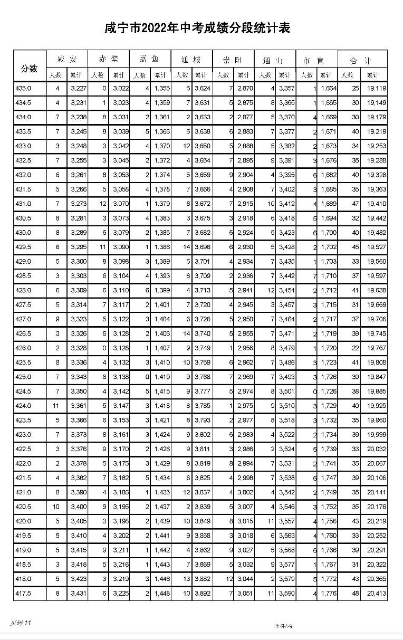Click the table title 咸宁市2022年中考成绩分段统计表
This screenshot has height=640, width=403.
[201, 27]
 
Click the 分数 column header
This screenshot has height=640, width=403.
[29, 68]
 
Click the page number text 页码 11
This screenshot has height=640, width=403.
[21, 623]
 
